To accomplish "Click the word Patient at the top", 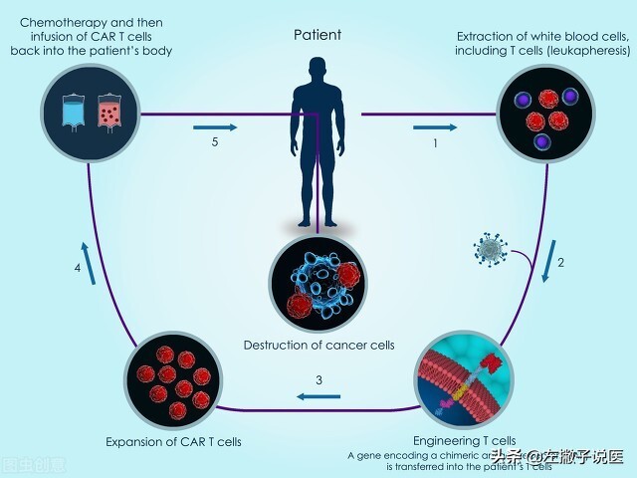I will [x=318, y=35].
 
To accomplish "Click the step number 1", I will [x=435, y=144].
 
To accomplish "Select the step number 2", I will [x=560, y=263].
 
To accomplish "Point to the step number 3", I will [x=318, y=379].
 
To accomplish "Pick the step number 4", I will [x=77, y=268].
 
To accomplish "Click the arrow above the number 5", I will [x=216, y=127].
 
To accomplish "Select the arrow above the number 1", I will [x=435, y=127].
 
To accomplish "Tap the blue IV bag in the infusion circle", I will [x=74, y=112].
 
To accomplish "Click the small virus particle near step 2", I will [x=492, y=249].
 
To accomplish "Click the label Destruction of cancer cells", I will [x=318, y=346].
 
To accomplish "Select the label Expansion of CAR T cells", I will [x=173, y=441].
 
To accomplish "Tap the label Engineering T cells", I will [x=464, y=440].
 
